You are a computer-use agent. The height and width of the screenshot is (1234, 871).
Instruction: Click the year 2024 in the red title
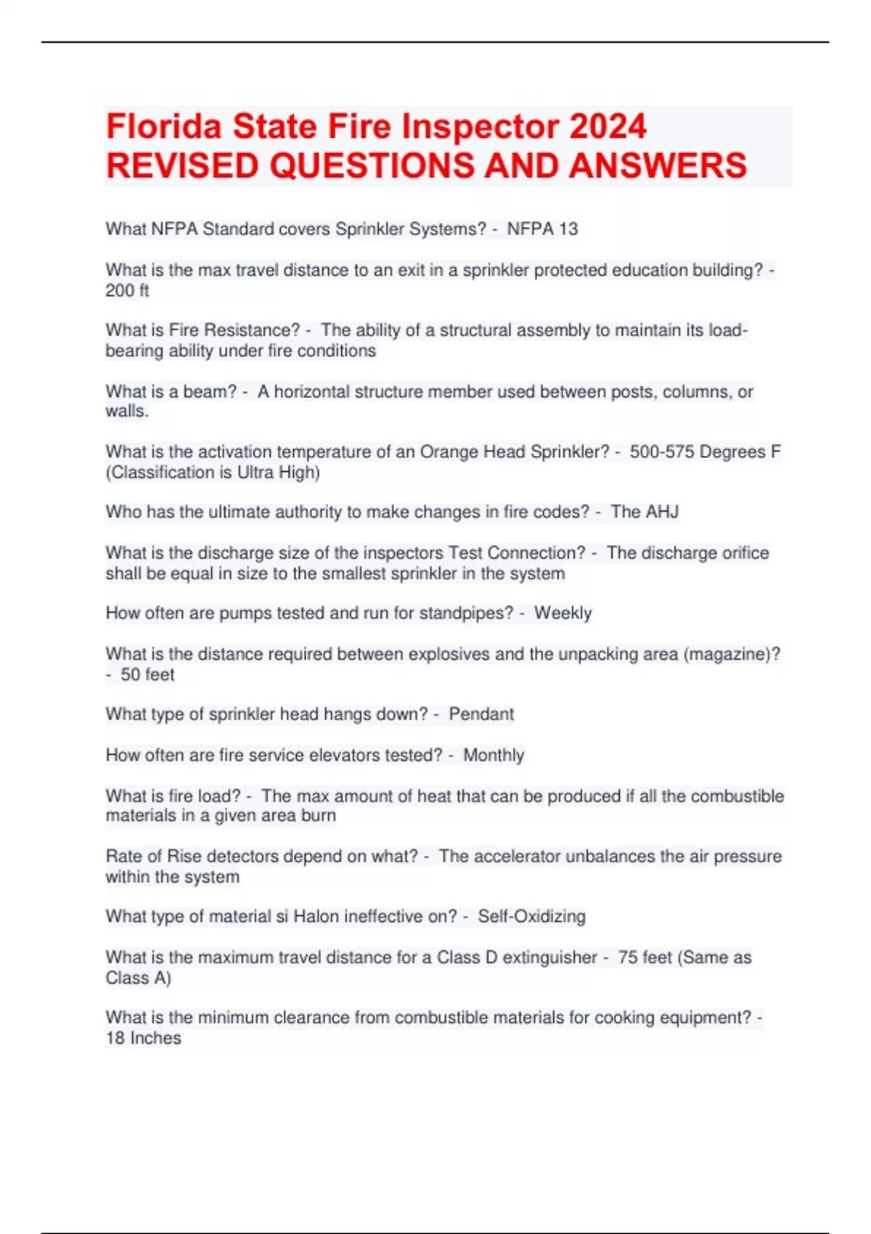point(608,126)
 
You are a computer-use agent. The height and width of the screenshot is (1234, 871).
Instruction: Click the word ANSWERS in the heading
point(658,166)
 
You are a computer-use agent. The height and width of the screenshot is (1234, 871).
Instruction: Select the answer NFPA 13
point(542,229)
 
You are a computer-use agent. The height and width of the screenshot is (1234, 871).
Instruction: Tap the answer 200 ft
point(127,291)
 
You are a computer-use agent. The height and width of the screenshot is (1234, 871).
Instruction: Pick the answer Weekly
point(563,613)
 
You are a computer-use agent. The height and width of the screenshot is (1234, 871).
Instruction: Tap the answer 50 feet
point(147,675)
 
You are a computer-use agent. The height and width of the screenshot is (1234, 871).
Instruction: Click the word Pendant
point(481,714)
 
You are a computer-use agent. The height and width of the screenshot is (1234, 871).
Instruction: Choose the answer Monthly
point(494,756)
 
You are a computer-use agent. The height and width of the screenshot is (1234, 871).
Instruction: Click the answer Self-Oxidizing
point(531,917)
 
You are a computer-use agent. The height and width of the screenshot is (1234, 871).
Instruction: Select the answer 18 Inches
point(143,1038)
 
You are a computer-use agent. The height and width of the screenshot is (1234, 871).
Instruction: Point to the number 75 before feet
point(627,957)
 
